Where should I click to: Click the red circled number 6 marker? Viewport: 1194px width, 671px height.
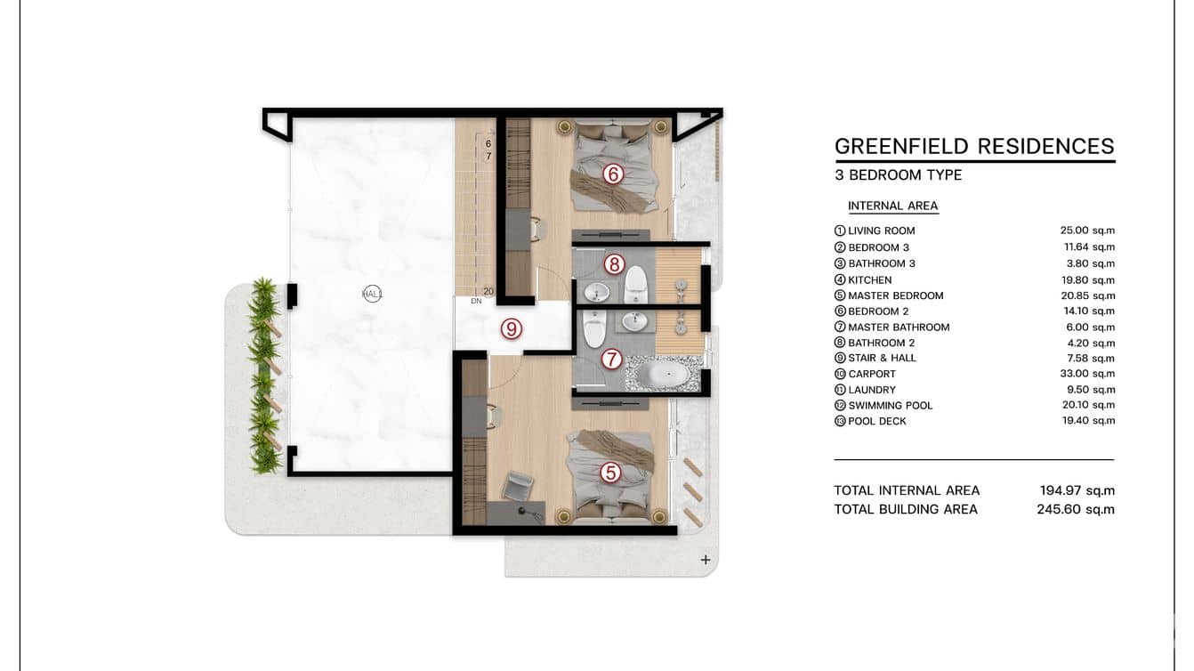point(613,174)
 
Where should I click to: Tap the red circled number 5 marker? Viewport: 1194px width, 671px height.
point(610,473)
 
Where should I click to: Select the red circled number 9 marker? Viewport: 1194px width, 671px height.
point(512,329)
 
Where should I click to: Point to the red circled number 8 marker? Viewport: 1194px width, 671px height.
point(614,263)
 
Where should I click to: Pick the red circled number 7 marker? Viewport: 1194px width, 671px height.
point(611,359)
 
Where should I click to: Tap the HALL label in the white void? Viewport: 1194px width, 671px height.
point(372,294)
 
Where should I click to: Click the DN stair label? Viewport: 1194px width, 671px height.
point(476,301)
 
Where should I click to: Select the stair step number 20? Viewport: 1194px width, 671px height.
point(488,292)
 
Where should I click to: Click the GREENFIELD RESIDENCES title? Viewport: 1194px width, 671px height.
point(974,146)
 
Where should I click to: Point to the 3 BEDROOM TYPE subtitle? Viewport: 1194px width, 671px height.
point(898,174)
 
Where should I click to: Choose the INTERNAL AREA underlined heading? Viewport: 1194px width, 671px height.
point(893,206)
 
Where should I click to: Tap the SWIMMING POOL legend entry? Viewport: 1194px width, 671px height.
point(891,406)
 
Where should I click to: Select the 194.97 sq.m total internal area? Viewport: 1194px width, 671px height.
point(1077,490)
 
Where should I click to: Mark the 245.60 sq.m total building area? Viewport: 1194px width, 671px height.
point(1076,509)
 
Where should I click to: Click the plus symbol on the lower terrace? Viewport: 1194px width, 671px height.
point(706,560)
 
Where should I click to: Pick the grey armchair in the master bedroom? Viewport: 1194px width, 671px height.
point(517,486)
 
